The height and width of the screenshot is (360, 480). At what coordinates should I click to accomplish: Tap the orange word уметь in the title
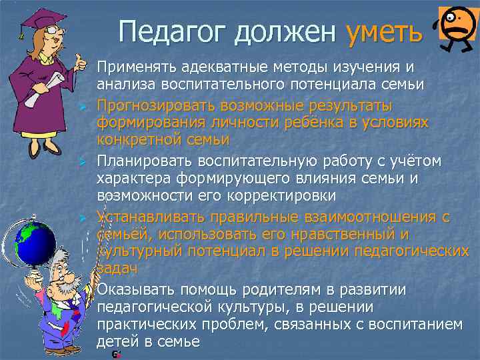pyautogui.click(x=384, y=30)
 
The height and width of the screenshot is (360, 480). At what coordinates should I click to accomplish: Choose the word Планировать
pyautogui.click(x=143, y=161)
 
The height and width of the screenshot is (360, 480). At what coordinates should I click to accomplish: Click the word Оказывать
pyautogui.click(x=137, y=291)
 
